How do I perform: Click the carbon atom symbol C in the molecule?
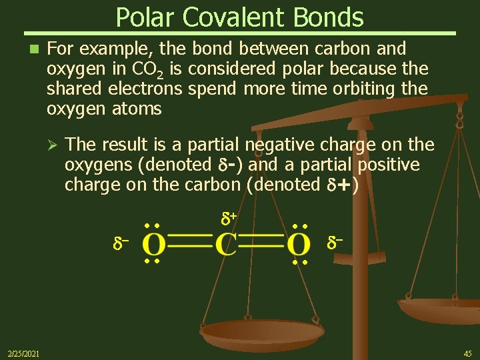(x=225, y=245)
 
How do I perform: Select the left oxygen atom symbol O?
(x=153, y=245)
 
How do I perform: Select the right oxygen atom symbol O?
(x=299, y=245)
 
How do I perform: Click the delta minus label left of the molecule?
(x=120, y=245)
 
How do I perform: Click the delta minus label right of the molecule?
(x=335, y=245)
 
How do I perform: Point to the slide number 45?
(x=467, y=353)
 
